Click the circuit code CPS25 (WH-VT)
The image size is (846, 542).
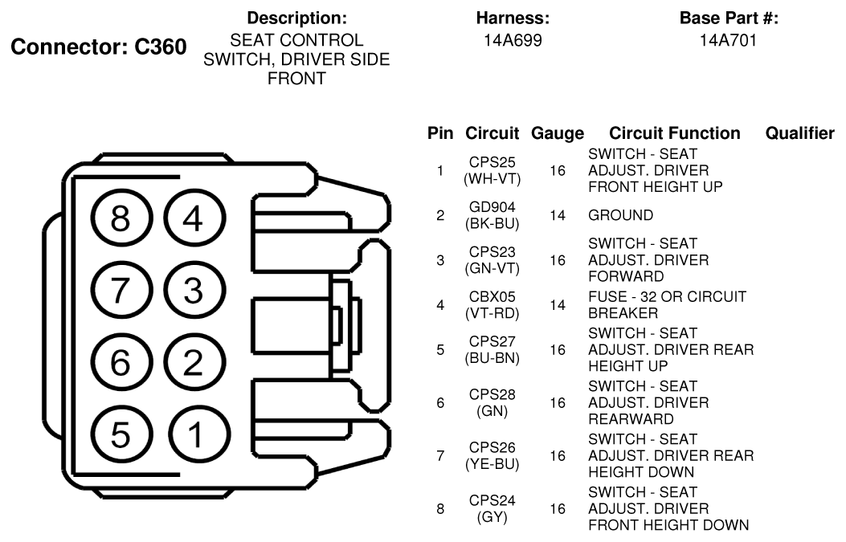(492, 170)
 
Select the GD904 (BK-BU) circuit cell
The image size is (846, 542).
(492, 215)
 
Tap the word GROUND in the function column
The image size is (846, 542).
(620, 215)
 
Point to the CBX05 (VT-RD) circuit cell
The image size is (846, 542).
(492, 304)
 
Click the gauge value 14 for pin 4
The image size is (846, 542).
(558, 305)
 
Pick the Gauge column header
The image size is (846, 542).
(558, 133)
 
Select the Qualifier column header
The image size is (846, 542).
(799, 133)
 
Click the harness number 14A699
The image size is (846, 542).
(513, 40)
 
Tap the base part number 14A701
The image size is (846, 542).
(729, 40)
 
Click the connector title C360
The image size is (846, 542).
(160, 47)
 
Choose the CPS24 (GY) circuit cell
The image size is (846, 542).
(492, 508)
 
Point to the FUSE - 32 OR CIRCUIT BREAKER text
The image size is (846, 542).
(668, 304)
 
